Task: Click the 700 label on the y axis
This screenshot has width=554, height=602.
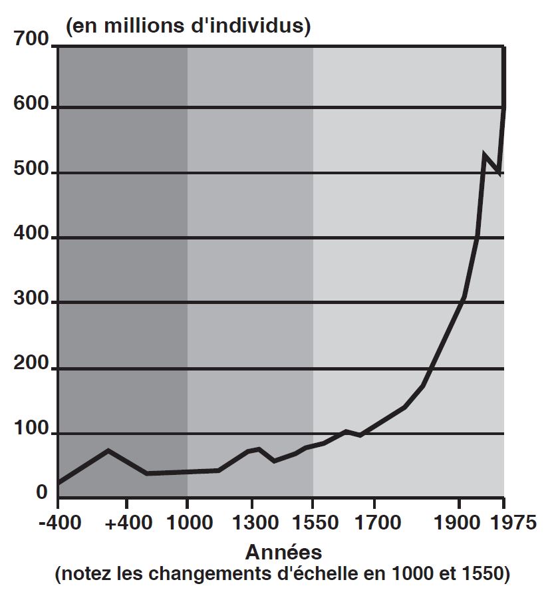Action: (x=31, y=40)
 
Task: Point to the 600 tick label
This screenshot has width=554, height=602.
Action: (x=31, y=105)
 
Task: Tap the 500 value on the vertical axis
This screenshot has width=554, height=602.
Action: (x=31, y=170)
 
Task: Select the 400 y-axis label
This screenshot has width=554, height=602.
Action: (x=31, y=235)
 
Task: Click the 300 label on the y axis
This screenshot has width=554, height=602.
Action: (x=31, y=300)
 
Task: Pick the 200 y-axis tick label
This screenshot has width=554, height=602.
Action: (x=31, y=365)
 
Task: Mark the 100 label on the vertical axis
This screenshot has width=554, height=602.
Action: (x=31, y=430)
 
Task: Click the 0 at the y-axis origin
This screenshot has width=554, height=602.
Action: (x=41, y=493)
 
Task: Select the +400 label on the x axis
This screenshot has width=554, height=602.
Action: (x=127, y=522)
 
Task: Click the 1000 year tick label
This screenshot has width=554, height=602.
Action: (x=187, y=522)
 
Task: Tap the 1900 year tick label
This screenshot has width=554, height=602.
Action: (x=459, y=522)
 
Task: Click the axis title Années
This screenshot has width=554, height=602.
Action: (x=283, y=552)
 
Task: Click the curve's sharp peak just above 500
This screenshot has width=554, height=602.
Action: (x=485, y=156)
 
